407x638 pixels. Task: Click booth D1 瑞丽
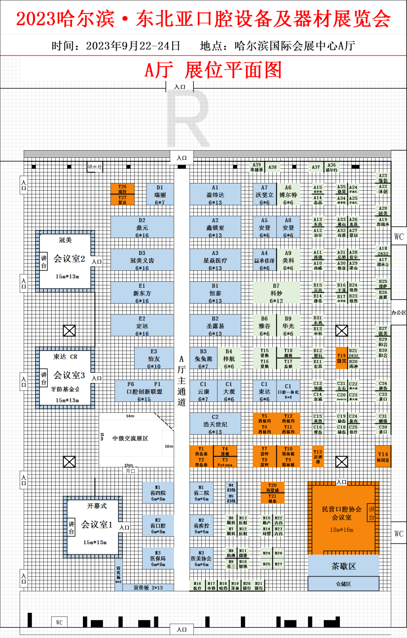[160, 194]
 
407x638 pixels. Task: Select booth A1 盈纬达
[215, 194]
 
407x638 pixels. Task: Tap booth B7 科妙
[276, 293]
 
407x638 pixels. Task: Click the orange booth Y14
[383, 457]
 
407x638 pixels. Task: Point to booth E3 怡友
[154, 359]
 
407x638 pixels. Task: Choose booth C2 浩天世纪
[215, 424]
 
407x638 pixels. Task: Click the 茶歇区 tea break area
[343, 566]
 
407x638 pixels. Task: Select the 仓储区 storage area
[343, 584]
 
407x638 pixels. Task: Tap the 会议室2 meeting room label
[69, 259]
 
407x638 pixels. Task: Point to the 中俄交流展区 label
[130, 438]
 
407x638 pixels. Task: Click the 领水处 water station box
[95, 167]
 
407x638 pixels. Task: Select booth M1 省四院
[158, 493]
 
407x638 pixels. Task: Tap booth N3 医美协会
[201, 558]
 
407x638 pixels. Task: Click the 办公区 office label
[398, 313]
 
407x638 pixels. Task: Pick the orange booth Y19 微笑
[341, 358]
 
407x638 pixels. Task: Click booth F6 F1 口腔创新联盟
[144, 391]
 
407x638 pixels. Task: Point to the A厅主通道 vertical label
[182, 380]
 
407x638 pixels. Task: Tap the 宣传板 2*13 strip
[148, 588]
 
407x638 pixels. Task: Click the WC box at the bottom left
[59, 622]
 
